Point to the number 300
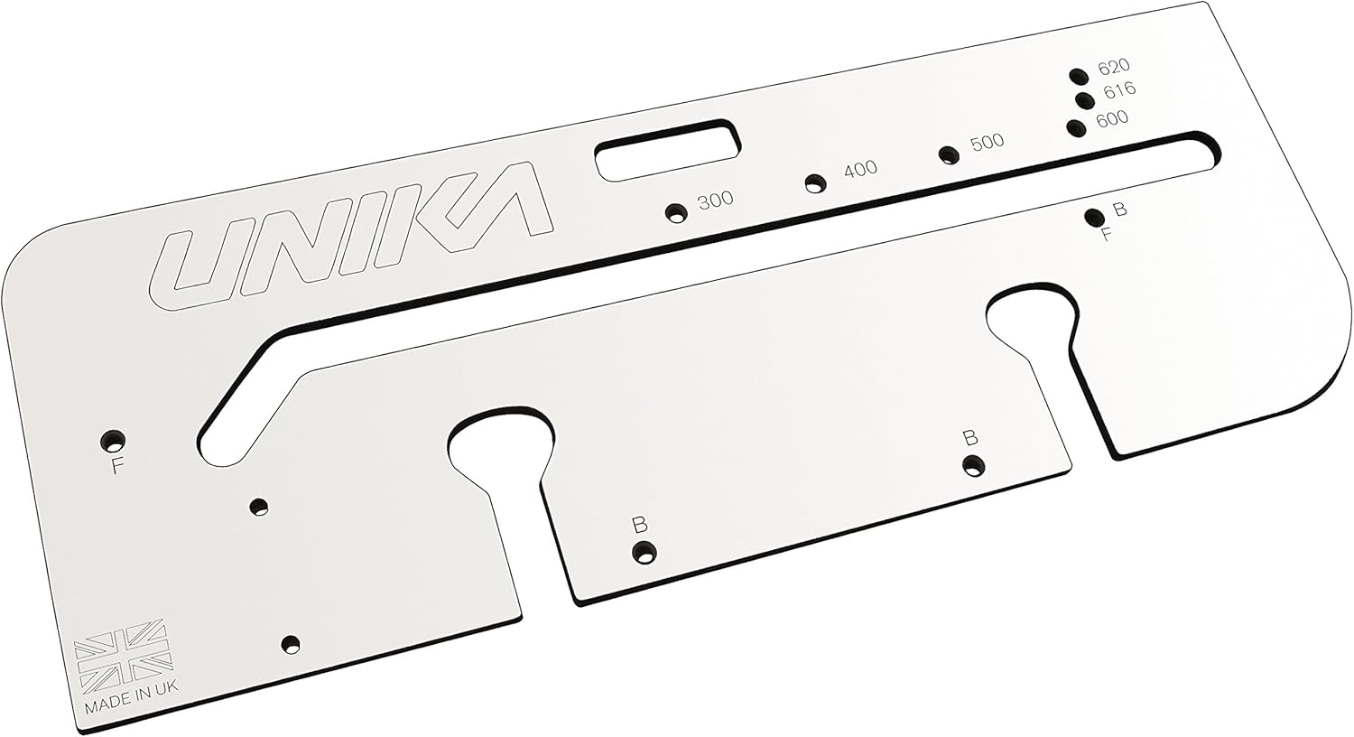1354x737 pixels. (716, 200)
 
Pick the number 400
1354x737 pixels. (859, 169)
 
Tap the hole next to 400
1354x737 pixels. (816, 183)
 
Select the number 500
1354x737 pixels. (986, 142)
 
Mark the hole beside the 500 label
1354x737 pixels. (947, 154)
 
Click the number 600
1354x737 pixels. (1111, 117)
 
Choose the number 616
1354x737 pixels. (1118, 89)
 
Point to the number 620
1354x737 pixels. (1114, 66)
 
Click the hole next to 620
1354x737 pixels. (1077, 76)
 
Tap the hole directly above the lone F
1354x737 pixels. (113, 440)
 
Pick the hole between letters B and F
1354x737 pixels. (1094, 217)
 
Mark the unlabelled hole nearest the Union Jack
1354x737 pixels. (290, 644)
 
